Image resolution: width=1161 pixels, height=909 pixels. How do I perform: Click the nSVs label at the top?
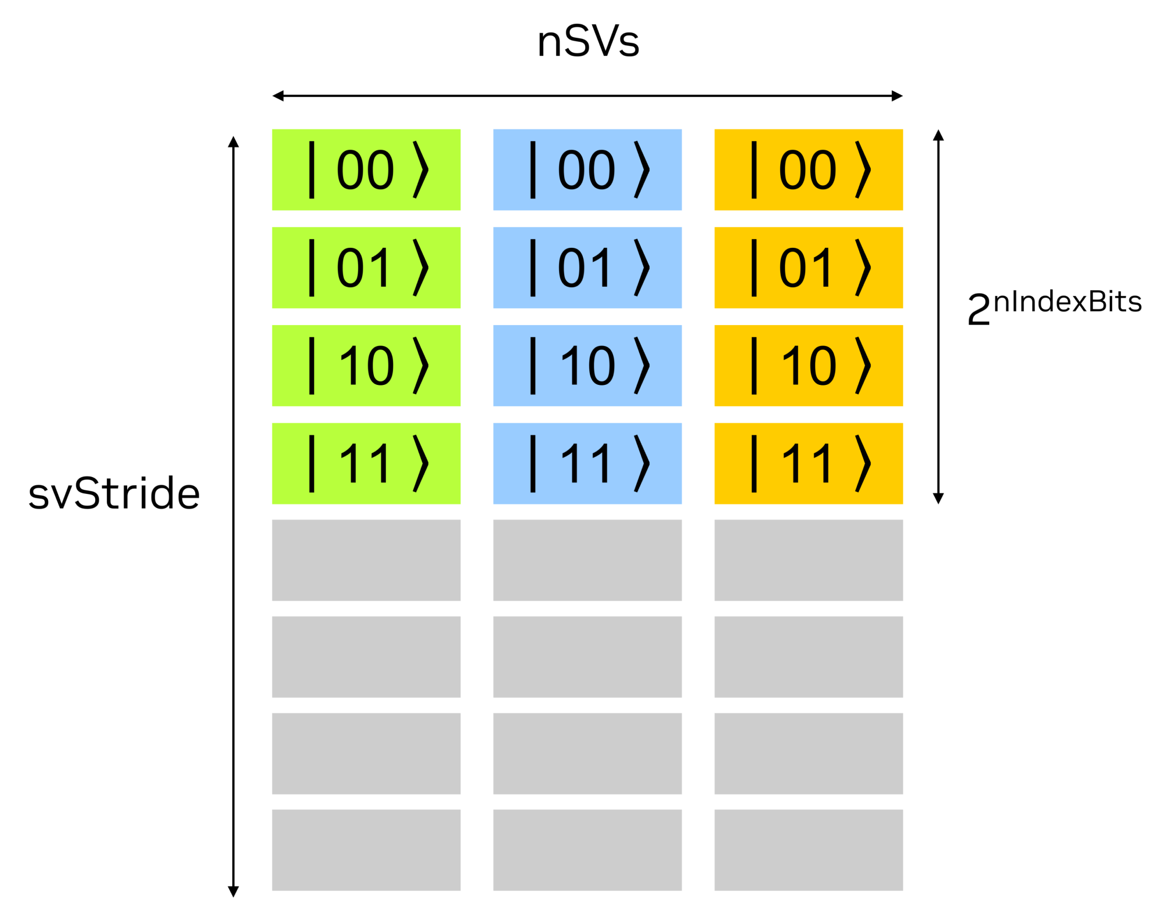588,42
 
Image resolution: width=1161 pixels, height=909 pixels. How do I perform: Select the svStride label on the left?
114,493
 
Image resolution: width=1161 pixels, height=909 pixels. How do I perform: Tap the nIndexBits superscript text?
1068,302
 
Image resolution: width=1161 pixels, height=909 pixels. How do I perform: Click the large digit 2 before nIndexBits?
979,310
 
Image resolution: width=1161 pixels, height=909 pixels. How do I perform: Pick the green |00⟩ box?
366,169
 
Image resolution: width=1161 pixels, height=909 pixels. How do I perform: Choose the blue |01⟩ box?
587,268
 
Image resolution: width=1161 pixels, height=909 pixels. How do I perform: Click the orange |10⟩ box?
809,366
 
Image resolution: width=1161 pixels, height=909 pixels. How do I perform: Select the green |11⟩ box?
366,463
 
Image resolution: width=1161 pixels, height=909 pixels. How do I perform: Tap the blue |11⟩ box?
587,463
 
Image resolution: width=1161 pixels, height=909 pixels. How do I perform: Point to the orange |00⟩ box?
809,169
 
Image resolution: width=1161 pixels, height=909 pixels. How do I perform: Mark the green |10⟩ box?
366,366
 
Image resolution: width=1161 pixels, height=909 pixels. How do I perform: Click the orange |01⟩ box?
809,268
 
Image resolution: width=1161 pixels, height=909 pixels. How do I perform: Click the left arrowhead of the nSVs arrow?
278,96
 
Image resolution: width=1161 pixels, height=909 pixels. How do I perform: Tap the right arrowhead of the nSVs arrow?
897,96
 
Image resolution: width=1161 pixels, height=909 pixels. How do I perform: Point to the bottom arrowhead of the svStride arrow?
233,892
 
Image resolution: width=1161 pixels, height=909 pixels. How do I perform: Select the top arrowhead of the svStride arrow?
233,142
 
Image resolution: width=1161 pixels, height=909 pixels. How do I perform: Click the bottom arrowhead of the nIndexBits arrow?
938,498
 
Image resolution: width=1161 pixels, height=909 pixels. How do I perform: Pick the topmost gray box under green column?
366,560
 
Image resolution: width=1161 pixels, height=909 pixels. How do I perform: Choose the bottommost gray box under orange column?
809,850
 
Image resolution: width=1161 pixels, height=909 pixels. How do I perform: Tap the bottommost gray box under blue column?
587,850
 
